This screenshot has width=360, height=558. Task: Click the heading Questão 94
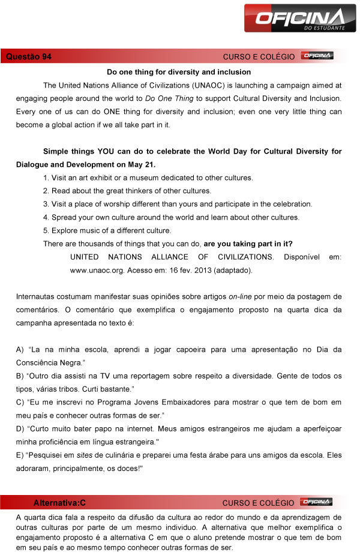(28, 56)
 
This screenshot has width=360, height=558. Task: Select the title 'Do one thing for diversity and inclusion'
(179, 72)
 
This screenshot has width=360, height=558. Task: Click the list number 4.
(46, 217)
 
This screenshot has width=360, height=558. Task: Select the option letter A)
(20, 349)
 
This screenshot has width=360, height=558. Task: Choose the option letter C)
(20, 402)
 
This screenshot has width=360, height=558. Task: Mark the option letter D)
(20, 428)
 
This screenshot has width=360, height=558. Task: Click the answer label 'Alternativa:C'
(60, 502)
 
